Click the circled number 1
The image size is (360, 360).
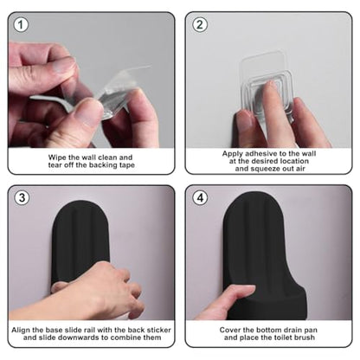[x=21, y=24]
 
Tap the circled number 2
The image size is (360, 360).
[x=200, y=24]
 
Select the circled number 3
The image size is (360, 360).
[x=22, y=198]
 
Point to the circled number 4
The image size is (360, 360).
[x=200, y=198]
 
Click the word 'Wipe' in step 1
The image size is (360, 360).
[x=55, y=157]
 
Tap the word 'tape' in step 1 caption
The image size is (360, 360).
[x=127, y=165]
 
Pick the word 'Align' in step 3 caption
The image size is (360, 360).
[x=19, y=330]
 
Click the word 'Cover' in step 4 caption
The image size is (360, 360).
[x=228, y=330]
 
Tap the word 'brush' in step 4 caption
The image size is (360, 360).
[x=305, y=337]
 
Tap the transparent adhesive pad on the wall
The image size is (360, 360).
[x=267, y=84]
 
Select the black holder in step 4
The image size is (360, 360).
[x=264, y=254]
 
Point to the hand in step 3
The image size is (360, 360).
[x=95, y=292]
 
